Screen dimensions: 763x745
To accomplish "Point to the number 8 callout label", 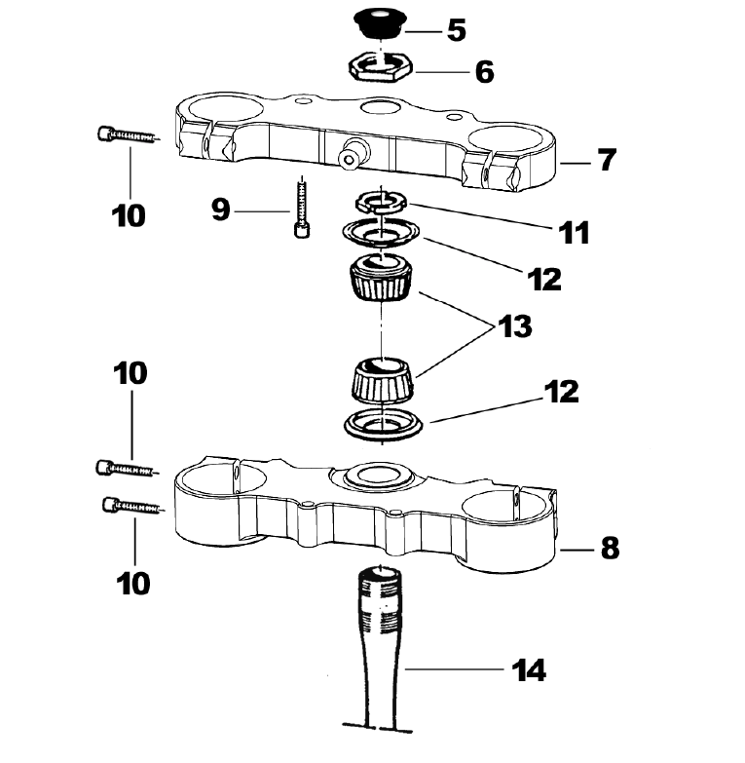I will (x=609, y=548).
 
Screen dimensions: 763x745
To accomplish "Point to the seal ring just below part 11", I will (x=382, y=235).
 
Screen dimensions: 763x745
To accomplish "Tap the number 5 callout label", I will (x=456, y=30).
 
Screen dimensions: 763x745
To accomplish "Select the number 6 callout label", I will (x=484, y=71).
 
